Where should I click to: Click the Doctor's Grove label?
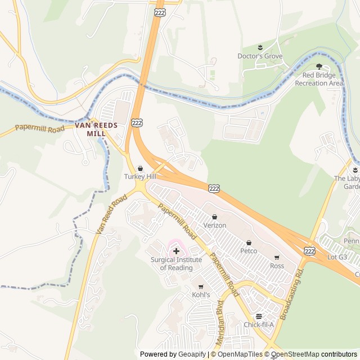260,56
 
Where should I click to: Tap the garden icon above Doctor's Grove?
260,47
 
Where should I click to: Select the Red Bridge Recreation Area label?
319,79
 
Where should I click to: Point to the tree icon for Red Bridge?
319,66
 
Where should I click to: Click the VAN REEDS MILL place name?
96,129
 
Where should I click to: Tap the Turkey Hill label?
140,177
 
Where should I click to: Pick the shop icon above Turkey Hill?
140,168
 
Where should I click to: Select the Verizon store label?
214,225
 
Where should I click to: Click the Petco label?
249,251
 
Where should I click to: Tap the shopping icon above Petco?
249,242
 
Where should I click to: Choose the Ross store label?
277,265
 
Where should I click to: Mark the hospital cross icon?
176,250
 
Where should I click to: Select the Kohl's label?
201,295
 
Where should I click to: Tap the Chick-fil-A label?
259,325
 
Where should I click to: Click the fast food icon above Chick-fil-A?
259,316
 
